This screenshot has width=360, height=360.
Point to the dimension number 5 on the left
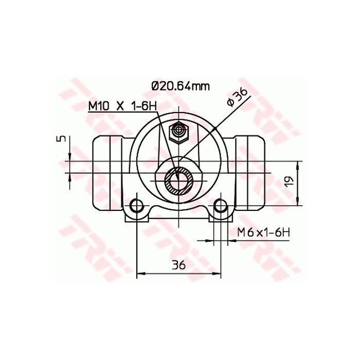pyautogui.click(x=62, y=139)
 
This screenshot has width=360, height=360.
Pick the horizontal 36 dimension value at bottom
pyautogui.click(x=178, y=265)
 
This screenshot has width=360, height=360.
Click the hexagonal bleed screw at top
pyautogui.click(x=179, y=133)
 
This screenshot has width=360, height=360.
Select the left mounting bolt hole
pyautogui.click(x=136, y=206)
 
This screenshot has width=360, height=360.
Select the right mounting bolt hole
pyautogui.click(x=222, y=206)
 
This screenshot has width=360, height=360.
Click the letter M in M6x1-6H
pyautogui.click(x=242, y=232)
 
